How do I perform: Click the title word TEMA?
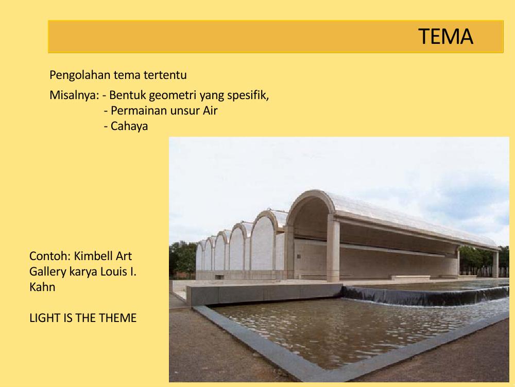(445, 37)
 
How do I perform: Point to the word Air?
(209, 110)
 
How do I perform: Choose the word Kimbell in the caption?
(94, 256)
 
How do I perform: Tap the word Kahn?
(42, 287)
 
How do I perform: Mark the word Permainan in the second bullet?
(135, 110)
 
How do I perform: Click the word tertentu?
(168, 75)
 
